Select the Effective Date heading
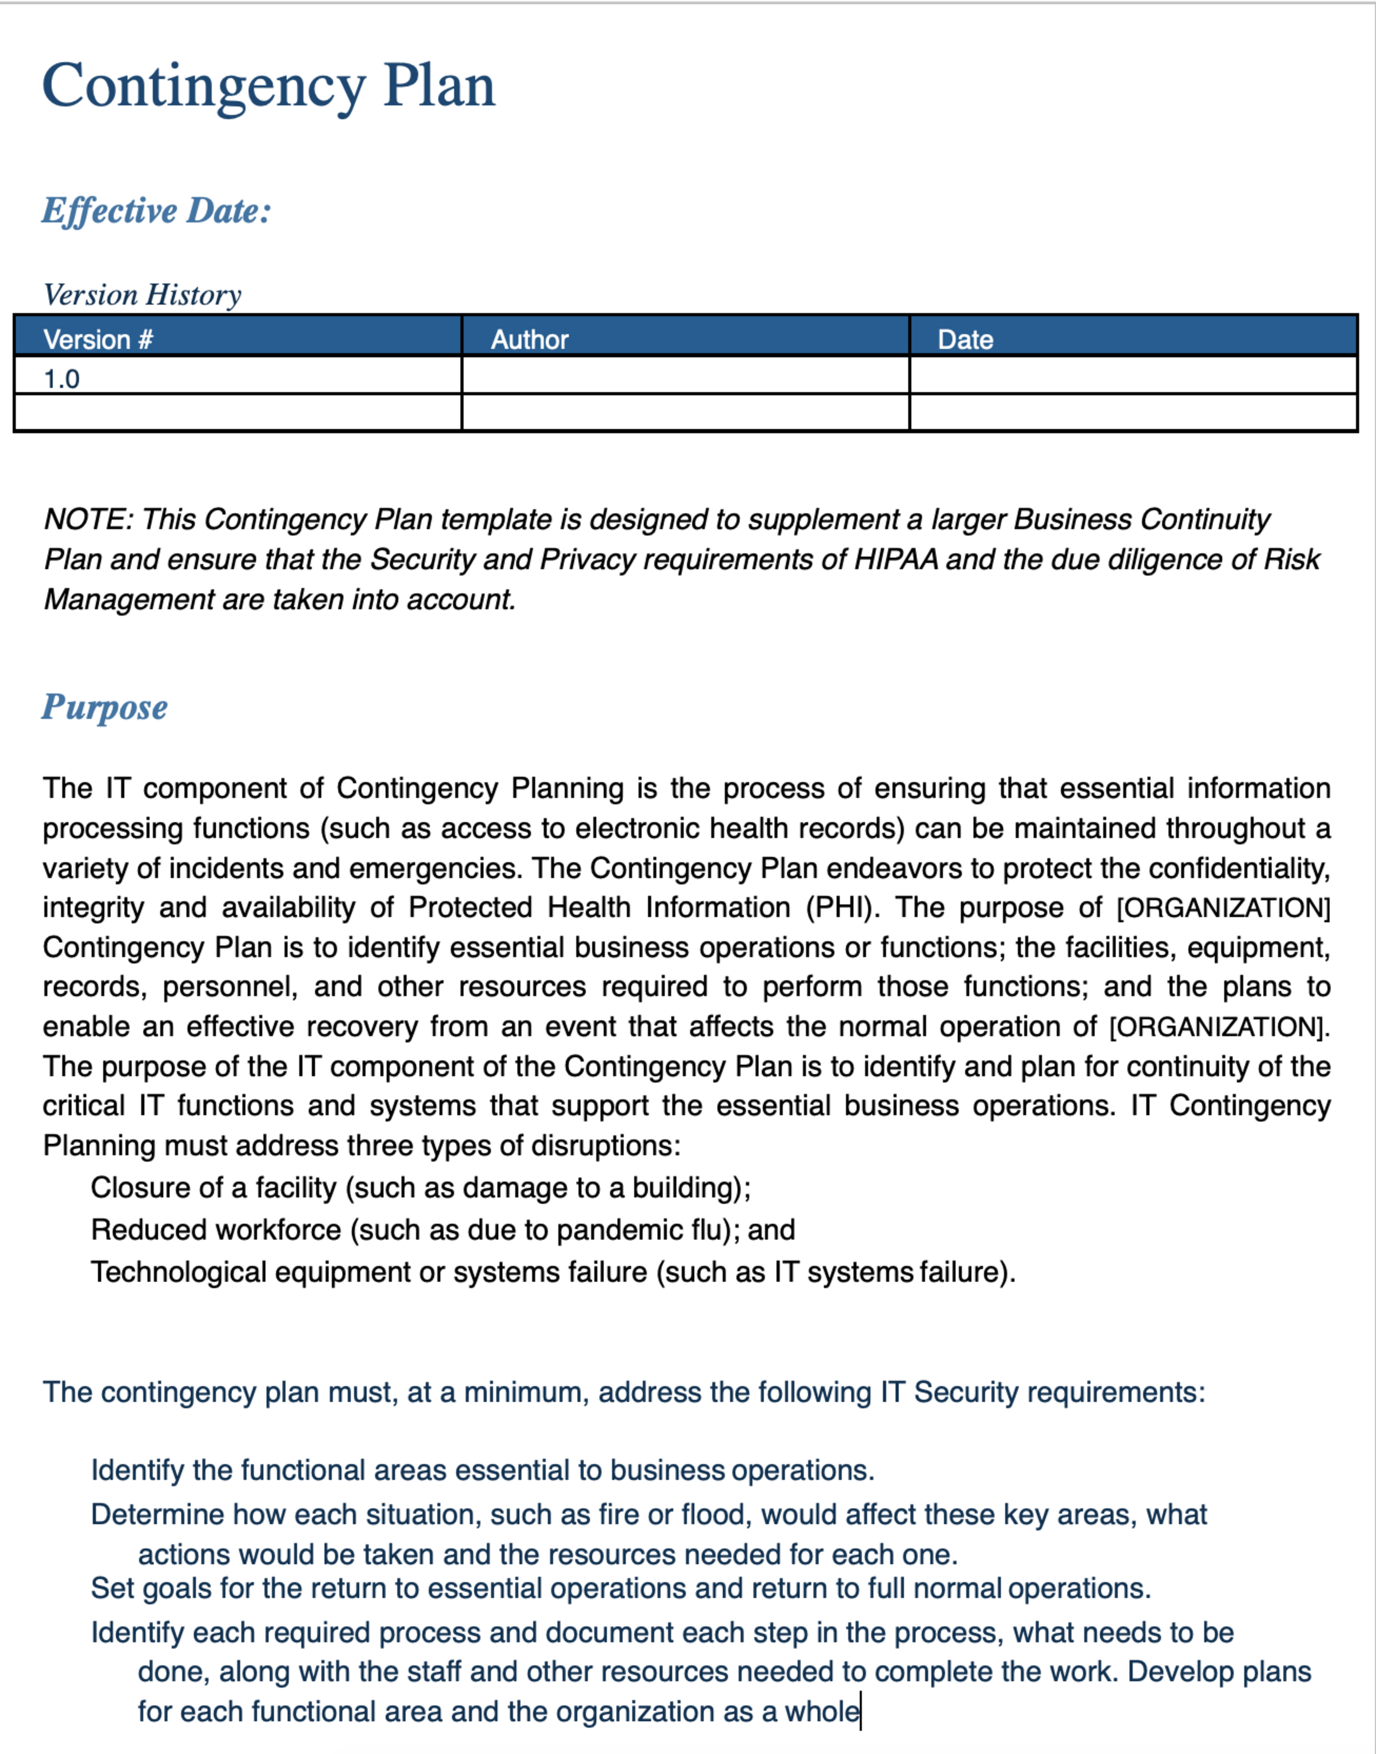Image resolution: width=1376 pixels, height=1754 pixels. coord(156,211)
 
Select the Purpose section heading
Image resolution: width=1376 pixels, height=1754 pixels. coord(105,707)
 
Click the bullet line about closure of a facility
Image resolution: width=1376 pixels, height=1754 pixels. coord(421,1188)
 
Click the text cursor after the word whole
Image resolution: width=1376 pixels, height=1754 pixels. coord(860,1711)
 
